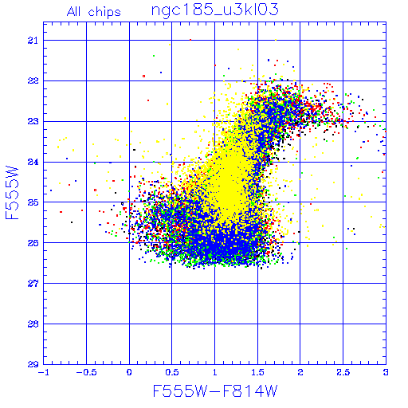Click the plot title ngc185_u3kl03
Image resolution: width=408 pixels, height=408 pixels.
point(214,10)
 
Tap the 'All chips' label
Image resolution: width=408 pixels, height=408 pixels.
point(94,12)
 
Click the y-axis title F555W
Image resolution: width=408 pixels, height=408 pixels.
point(12,193)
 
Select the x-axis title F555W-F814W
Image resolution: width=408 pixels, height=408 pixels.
point(215,390)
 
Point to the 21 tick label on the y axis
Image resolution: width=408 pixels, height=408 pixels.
point(33,41)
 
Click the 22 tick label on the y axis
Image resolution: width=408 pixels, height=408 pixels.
point(33,80)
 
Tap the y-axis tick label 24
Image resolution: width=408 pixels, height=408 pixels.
point(33,162)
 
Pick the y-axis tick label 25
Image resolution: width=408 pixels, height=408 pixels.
point(33,202)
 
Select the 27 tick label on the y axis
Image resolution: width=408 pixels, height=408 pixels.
point(33,284)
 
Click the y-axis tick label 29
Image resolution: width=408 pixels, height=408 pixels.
point(33,364)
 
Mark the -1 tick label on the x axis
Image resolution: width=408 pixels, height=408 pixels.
point(43,372)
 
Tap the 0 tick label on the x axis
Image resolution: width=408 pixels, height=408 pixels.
point(129,372)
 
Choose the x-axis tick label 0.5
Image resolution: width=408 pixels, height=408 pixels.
point(172,372)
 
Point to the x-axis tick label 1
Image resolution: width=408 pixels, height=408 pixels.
point(214,372)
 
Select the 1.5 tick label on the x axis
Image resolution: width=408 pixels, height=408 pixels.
point(257,372)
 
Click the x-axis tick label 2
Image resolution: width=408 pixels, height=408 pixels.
point(300,372)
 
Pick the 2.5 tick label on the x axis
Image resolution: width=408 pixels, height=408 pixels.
point(343,372)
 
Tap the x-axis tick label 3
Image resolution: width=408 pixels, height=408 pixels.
point(386,372)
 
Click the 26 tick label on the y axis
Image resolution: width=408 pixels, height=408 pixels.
point(33,243)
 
